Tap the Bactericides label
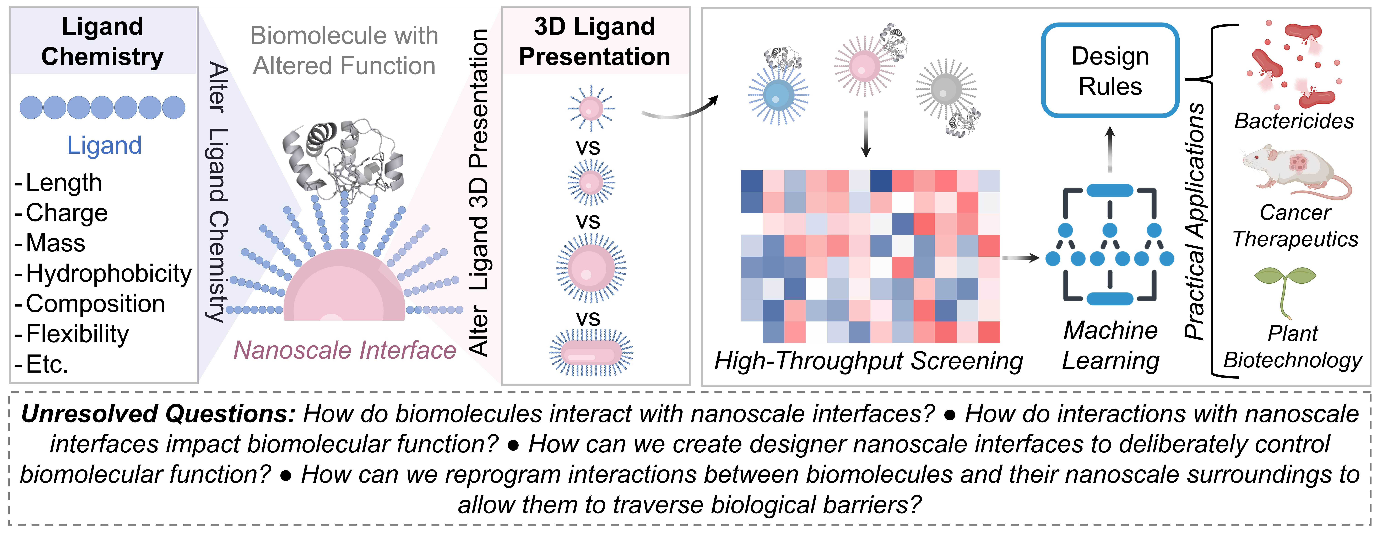[1294, 121]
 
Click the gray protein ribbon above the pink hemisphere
[343, 156]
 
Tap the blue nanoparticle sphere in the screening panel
[778, 95]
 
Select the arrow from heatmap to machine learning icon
[1021, 258]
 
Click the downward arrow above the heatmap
[865, 134]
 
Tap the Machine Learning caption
[1110, 345]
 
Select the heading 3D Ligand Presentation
[594, 41]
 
